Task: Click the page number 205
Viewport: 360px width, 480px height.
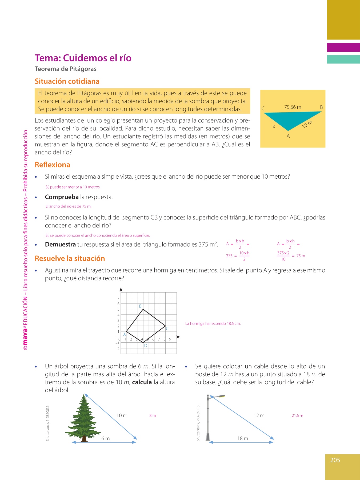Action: tap(335, 460)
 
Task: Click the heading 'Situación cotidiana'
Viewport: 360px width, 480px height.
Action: tap(67, 81)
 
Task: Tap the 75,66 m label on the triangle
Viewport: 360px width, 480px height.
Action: tap(293, 107)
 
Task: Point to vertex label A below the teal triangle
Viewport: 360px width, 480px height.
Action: tap(288, 136)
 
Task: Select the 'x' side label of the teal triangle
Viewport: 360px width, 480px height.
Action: tap(274, 127)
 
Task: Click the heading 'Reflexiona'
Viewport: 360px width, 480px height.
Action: tap(52, 165)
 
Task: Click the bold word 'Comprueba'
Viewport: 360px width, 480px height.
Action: tap(62, 197)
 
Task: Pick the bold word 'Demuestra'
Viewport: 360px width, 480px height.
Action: tap(60, 245)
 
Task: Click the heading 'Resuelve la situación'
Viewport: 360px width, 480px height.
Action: tap(70, 258)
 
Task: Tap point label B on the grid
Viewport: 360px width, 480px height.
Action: tap(140, 306)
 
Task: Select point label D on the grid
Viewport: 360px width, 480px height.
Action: tap(146, 346)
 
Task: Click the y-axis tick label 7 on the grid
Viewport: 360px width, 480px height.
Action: tap(118, 298)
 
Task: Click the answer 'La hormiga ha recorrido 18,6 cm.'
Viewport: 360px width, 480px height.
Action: tap(213, 323)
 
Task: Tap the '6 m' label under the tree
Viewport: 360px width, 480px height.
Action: tap(105, 438)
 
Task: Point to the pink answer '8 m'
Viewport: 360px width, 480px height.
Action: tap(153, 415)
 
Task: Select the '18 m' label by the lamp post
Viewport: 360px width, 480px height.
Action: tap(243, 438)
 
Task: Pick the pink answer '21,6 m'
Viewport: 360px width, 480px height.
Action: tap(297, 415)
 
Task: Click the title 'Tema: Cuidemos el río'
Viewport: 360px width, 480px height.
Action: tap(83, 58)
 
